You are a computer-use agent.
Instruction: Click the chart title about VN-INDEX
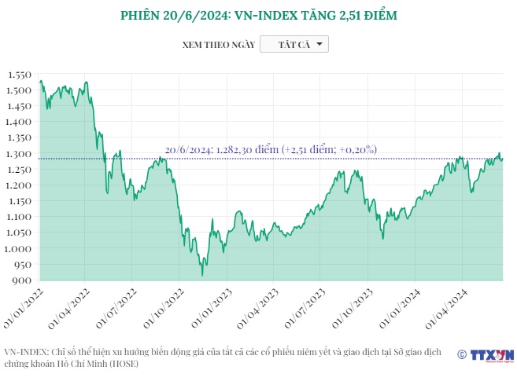pos(259,16)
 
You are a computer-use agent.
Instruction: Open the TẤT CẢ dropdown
pos(294,45)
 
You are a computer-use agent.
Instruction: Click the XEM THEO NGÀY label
pos(218,45)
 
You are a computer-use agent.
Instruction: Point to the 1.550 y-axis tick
pos(18,75)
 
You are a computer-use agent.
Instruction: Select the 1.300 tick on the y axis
pos(18,154)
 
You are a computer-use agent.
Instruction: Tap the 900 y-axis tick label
pos(22,280)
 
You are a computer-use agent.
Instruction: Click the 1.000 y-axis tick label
pos(18,249)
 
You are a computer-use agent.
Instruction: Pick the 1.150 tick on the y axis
pos(18,201)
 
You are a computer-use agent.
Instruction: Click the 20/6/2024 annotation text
pos(271,149)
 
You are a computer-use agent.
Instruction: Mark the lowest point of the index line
pos(202,275)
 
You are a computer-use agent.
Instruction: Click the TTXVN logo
pos(493,355)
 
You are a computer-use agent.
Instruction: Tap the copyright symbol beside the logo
pos(461,356)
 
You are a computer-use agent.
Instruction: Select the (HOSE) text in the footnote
pos(125,364)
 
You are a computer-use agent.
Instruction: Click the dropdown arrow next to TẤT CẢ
pos(319,45)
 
